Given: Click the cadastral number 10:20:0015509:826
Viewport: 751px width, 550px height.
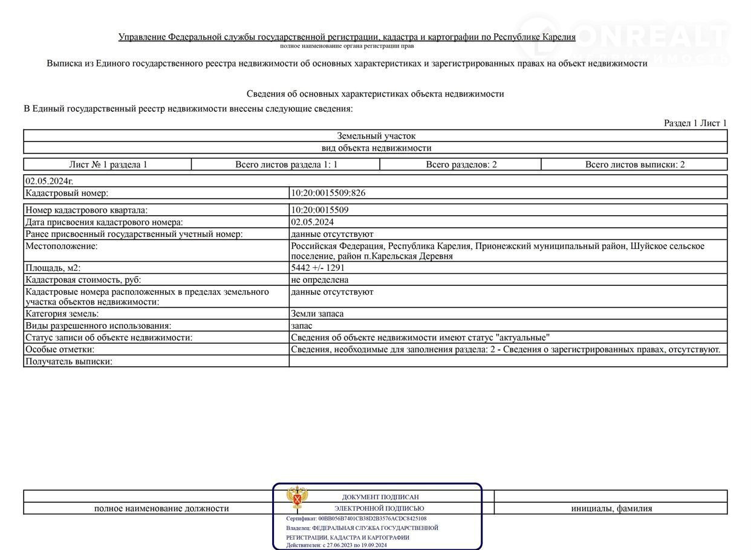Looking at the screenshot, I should coord(328,193).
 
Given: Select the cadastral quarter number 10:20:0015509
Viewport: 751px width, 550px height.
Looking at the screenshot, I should coord(320,210).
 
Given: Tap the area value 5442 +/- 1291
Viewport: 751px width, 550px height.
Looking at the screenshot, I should coord(317,268).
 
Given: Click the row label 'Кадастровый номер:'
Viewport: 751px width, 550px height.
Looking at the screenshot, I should coord(67,193).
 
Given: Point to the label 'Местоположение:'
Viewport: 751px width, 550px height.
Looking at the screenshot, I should coord(61,246).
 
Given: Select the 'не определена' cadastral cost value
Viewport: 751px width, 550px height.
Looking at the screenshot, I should coord(319,280).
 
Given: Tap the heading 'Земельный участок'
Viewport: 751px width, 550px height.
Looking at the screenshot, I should coord(375,136).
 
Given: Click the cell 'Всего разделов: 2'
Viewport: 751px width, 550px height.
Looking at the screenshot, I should coord(461,164).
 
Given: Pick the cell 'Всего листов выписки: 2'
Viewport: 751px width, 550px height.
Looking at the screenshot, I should coord(635,164).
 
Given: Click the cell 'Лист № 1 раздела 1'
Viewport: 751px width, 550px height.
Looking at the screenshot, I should coord(108,164).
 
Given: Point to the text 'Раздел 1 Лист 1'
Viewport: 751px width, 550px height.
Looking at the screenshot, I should coord(695,123).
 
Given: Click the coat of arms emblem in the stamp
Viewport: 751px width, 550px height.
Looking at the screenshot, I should coord(297,499).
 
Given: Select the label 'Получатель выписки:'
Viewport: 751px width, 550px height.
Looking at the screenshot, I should coord(69,361).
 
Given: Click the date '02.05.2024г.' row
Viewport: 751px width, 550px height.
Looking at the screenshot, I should coord(49,181).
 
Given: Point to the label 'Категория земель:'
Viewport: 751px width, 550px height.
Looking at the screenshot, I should coord(62,314).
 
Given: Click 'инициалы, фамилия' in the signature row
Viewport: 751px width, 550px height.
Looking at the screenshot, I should coord(611,508).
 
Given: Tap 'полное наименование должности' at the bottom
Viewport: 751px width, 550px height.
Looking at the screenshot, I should coord(161,508).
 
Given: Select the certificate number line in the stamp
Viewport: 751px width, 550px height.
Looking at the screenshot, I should coord(356,519).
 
